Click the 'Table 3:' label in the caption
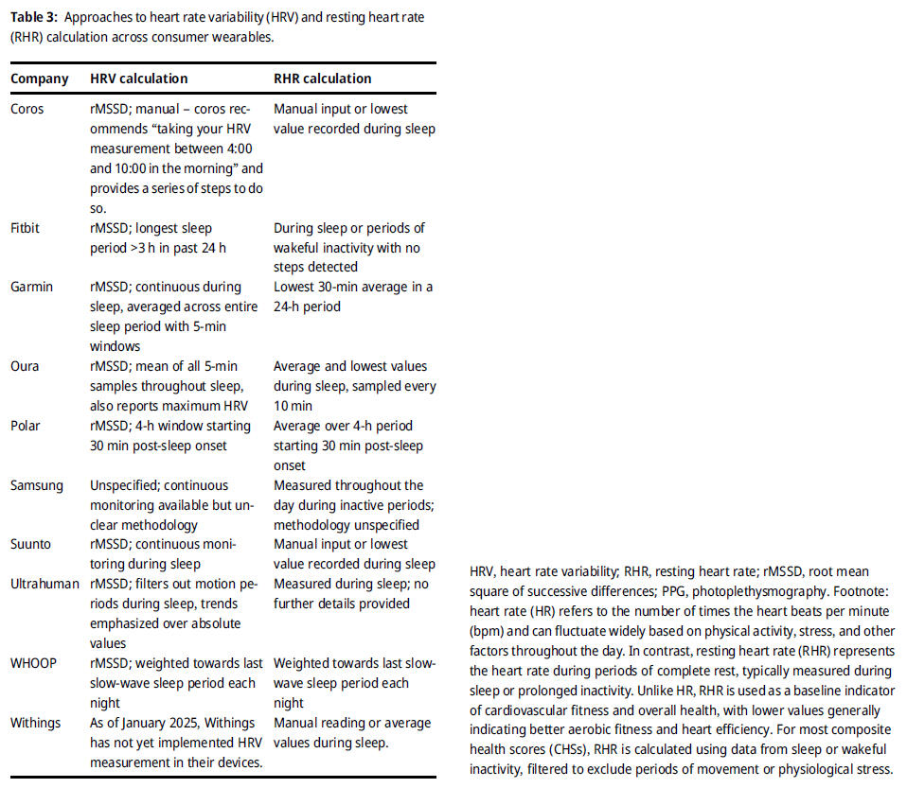(35, 16)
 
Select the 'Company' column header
(40, 79)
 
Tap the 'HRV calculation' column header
(139, 79)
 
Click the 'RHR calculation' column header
(323, 79)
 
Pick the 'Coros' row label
(27, 109)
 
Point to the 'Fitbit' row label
(27, 228)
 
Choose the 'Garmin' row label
(32, 287)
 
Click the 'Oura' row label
(25, 366)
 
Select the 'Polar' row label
(26, 426)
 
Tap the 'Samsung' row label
(37, 485)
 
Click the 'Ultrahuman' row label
(45, 584)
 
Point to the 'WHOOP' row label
(34, 663)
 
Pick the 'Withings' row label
(36, 723)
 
